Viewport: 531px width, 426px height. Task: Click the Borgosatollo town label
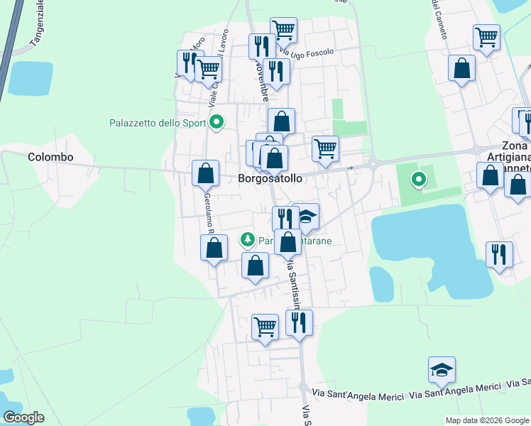270,178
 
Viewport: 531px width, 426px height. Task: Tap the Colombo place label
50,157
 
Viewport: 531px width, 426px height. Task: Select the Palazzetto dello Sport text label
158,123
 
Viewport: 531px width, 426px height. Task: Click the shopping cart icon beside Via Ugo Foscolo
283,30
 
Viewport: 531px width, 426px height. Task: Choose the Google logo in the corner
24,417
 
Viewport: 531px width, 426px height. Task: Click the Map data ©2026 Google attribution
486,420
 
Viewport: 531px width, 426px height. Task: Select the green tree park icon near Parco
248,240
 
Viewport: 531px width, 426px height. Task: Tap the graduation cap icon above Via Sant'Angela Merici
442,370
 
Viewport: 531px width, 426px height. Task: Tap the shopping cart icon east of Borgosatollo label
325,148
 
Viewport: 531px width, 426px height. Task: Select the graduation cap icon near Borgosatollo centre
307,217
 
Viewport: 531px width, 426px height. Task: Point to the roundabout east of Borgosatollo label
373,164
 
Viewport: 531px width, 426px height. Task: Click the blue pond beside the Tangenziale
31,79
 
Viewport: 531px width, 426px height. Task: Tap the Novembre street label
262,80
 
